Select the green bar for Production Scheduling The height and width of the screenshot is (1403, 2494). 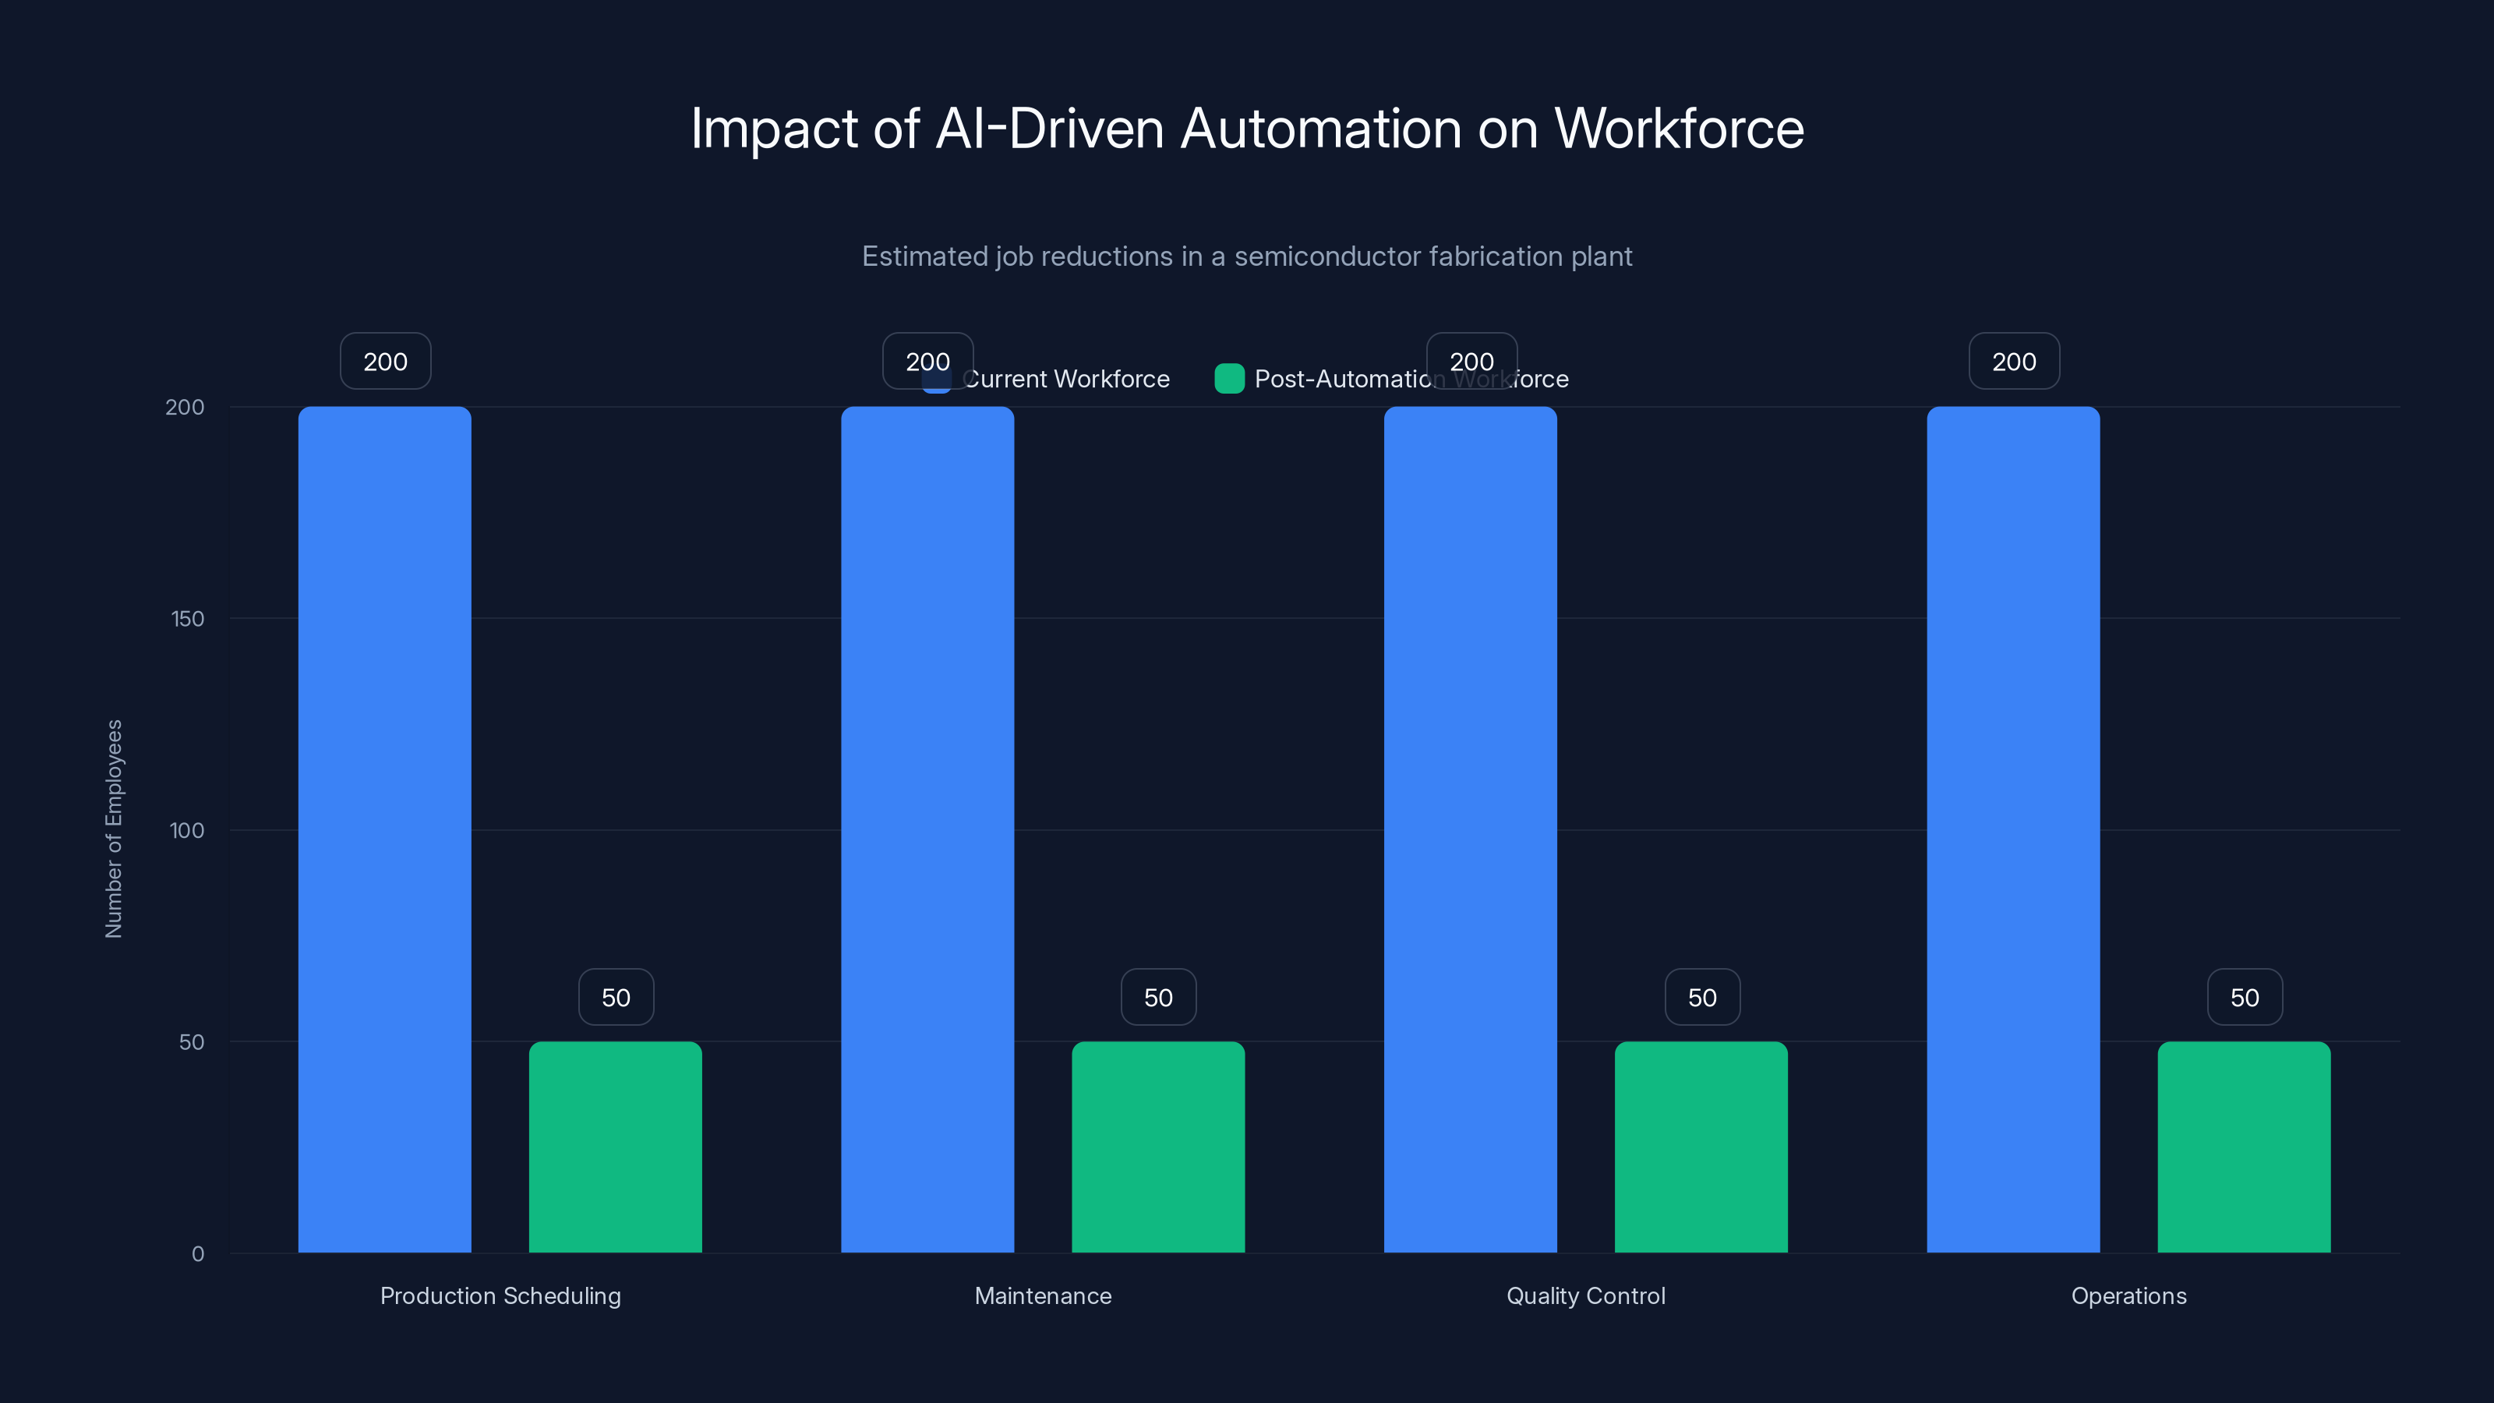point(615,1147)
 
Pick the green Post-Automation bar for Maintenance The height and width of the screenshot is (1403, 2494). point(1158,1147)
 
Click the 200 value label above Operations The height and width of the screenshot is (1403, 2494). point(2014,361)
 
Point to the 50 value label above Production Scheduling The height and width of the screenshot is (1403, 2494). point(616,998)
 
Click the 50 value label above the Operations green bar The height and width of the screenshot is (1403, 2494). point(2245,998)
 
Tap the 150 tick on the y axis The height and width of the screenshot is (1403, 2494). point(188,619)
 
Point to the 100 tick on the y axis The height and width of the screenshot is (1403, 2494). point(187,831)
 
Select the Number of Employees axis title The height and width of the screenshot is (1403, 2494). point(115,829)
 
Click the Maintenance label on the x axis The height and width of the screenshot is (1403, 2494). point(1043,1295)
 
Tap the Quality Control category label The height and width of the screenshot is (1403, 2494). point(1585,1295)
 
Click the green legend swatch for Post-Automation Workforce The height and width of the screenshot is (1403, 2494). point(1228,379)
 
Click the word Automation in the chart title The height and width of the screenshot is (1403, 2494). point(1320,128)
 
